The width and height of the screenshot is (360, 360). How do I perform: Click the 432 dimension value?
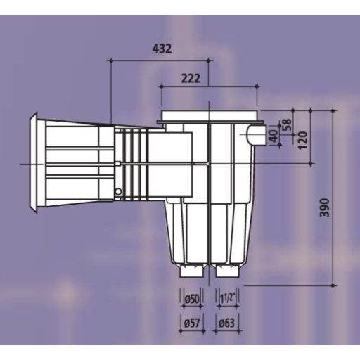pos(162,49)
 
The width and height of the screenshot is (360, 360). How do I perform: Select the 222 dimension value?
pos(191,79)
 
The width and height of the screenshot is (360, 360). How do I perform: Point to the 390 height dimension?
pos(325,207)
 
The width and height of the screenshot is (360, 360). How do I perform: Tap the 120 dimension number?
pos(303,140)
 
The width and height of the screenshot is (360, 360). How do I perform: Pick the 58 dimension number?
pos(287,124)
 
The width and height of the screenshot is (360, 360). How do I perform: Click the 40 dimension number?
pos(274,136)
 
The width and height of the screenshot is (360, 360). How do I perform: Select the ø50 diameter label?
pos(192,299)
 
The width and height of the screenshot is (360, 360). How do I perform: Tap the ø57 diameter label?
pos(192,323)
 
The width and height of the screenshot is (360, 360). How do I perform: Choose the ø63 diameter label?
pos(226,323)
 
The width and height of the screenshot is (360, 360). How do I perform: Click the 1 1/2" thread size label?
pos(226,299)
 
